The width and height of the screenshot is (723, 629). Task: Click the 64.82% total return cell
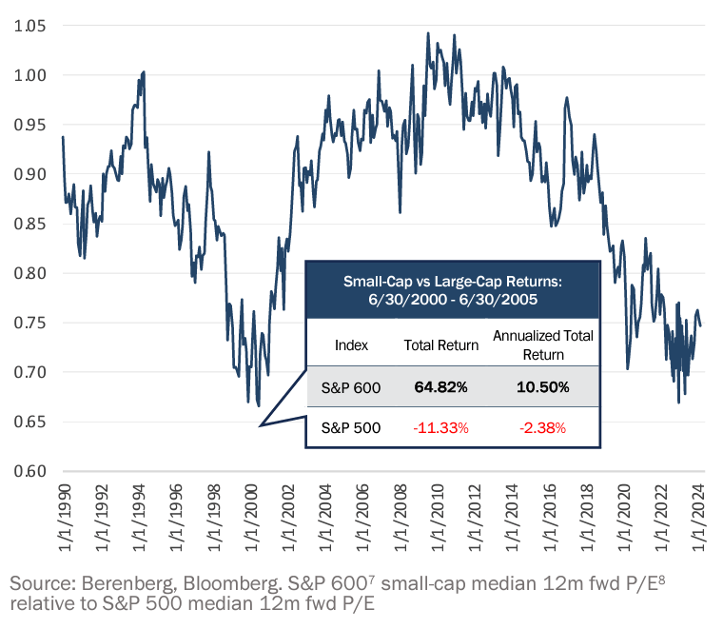(441, 388)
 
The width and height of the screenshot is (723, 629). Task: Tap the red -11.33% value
(441, 428)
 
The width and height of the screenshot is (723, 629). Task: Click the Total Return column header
(441, 345)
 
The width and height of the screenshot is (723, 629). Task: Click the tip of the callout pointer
(260, 425)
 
